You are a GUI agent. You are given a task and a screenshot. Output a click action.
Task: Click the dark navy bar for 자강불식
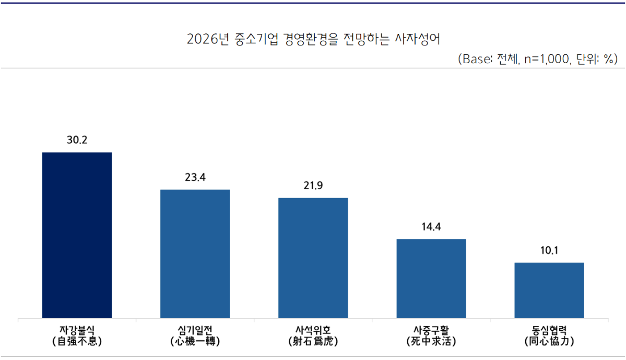[77, 235]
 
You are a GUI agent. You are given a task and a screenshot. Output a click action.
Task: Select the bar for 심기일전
[195, 253]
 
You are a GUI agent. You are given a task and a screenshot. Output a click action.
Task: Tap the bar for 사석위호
[313, 258]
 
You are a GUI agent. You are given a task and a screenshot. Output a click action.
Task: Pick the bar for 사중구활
[431, 278]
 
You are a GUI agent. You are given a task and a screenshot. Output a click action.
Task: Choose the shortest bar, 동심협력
[549, 290]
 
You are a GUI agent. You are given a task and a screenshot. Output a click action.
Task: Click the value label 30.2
[77, 141]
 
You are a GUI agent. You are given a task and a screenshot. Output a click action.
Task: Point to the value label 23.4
[195, 178]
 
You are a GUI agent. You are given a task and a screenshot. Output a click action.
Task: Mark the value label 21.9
[313, 186]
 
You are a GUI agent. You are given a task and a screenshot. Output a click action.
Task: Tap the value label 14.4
[431, 227]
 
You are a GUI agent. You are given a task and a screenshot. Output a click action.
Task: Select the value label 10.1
[549, 251]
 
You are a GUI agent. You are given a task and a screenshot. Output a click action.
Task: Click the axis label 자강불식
[77, 330]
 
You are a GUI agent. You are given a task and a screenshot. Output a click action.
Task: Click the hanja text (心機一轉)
[195, 342]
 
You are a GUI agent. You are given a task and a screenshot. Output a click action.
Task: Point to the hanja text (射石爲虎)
[313, 342]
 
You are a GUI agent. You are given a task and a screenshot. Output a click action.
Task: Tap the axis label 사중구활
[431, 330]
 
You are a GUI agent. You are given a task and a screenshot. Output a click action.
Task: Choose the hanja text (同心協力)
[549, 342]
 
